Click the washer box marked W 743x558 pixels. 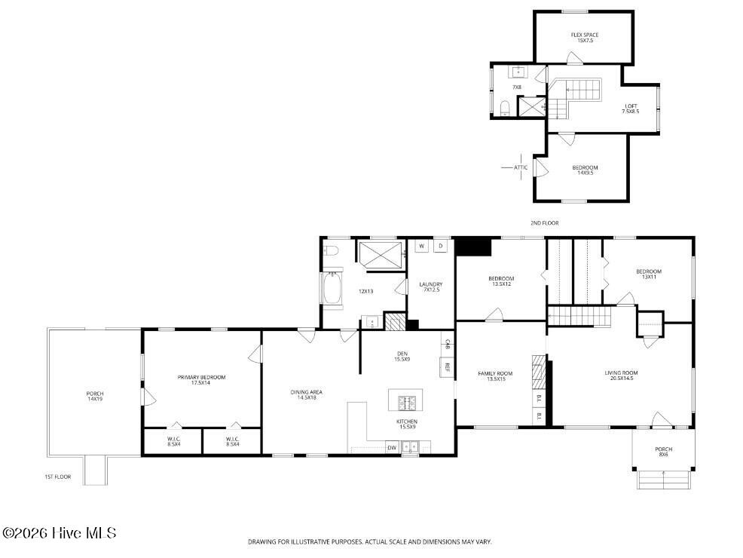tap(422, 246)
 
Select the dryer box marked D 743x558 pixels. tap(440, 246)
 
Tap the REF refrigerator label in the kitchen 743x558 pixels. tap(447, 367)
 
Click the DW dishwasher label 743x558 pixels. tap(392, 448)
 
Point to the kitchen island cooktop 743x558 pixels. tap(405, 399)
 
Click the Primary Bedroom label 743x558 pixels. tap(201, 379)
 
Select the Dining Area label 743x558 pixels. tap(307, 394)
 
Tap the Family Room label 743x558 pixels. tap(495, 376)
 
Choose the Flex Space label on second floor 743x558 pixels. tap(585, 38)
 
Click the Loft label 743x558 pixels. tap(630, 109)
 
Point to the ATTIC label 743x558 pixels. tap(521, 167)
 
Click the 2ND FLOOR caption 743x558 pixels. tap(544, 223)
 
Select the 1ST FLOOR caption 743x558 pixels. tap(57, 477)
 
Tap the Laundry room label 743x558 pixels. tap(431, 287)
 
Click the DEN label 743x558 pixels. tap(402, 356)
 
